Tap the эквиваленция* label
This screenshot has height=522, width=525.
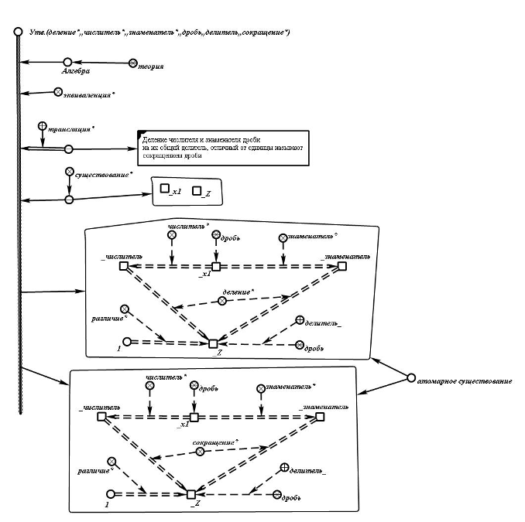(x=88, y=94)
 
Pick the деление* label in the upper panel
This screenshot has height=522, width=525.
(x=238, y=292)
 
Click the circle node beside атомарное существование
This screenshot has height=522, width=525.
(x=411, y=377)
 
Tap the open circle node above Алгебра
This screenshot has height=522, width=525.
(x=67, y=61)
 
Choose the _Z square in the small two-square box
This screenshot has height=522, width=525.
(x=196, y=190)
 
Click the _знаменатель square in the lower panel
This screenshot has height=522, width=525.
(x=320, y=417)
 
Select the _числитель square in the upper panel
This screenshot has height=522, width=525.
(x=123, y=266)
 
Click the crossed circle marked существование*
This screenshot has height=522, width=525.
(x=69, y=172)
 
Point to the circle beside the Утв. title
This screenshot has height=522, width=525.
(x=17, y=32)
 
